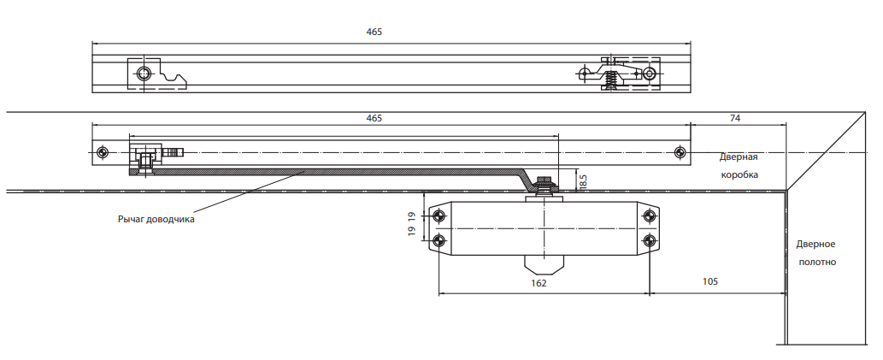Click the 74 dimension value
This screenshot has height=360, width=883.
click(x=735, y=118)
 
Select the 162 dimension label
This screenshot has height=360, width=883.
click(x=539, y=283)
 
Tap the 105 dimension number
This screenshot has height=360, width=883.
click(x=710, y=281)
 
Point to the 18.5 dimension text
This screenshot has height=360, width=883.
click(x=583, y=180)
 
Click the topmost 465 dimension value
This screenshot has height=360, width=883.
click(x=374, y=32)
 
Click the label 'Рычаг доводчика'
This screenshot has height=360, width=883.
click(x=156, y=219)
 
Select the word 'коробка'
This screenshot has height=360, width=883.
click(x=739, y=174)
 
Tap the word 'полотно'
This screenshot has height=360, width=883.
click(x=816, y=262)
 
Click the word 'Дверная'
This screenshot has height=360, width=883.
click(x=739, y=157)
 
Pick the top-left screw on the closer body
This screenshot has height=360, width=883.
click(x=440, y=215)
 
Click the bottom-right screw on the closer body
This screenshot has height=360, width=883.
click(x=650, y=241)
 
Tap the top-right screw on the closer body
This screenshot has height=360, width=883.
click(x=650, y=215)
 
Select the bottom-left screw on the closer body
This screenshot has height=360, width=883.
click(x=440, y=241)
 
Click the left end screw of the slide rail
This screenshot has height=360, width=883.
click(x=102, y=153)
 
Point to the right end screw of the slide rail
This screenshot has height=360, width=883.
click(x=680, y=153)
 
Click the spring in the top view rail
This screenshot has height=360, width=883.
click(x=609, y=82)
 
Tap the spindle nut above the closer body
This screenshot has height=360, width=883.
click(x=544, y=186)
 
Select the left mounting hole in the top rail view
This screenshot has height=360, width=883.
click(x=144, y=74)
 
